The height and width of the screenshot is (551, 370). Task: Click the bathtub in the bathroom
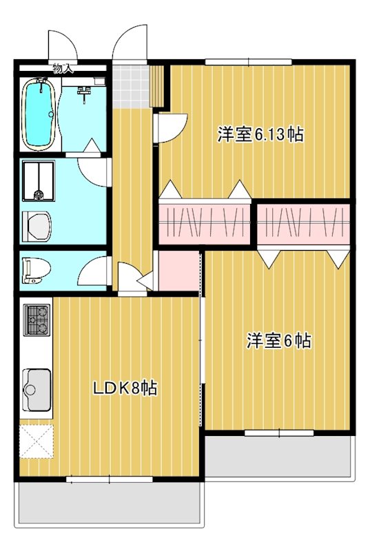(39, 114)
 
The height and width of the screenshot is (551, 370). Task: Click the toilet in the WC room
(34, 269)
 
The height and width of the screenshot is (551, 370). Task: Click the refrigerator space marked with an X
(36, 441)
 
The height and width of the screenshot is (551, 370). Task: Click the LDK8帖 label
(125, 388)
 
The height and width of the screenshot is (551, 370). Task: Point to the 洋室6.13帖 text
(260, 134)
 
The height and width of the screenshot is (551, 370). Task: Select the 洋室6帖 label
(278, 340)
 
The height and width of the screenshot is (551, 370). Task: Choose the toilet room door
(94, 272)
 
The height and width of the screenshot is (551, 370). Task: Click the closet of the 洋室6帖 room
(303, 223)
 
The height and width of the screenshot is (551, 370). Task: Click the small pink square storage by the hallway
(178, 270)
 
